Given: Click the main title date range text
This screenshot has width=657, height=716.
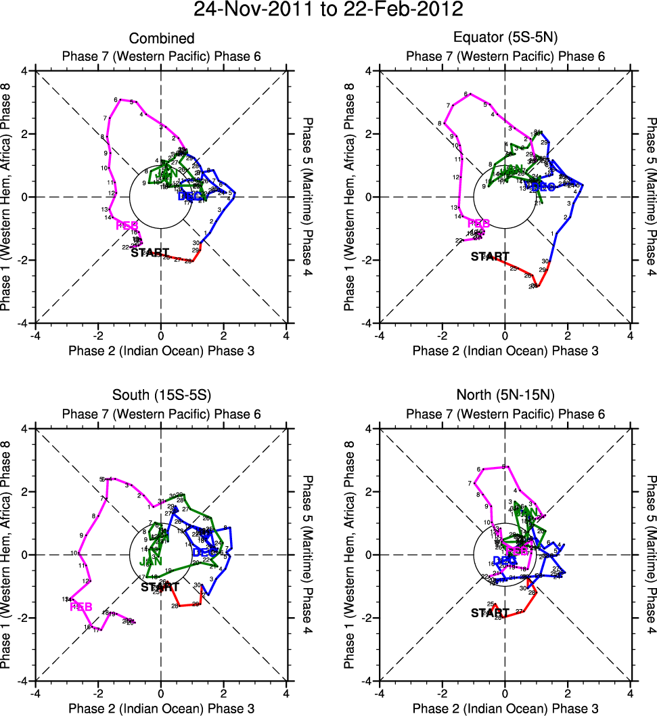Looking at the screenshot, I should click(x=328, y=9).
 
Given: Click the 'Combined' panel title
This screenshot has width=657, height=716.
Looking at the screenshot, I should click(x=161, y=39).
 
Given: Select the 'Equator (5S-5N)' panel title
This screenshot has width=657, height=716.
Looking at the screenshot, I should click(x=505, y=39).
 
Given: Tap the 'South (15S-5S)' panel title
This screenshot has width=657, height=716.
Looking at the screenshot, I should click(x=161, y=397).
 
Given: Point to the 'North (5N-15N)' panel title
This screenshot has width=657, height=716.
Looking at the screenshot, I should click(x=505, y=397).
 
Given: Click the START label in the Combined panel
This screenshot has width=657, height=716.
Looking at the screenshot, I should click(x=150, y=252).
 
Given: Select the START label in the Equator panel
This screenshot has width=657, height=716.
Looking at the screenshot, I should click(x=490, y=256).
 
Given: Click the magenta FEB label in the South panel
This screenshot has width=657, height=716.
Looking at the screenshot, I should click(x=81, y=606).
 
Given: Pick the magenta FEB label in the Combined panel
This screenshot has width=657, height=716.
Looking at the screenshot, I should click(x=127, y=225).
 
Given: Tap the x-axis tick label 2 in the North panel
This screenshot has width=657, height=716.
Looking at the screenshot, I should click(x=568, y=694).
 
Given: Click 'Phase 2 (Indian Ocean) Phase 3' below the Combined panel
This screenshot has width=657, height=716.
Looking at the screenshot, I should click(x=161, y=351).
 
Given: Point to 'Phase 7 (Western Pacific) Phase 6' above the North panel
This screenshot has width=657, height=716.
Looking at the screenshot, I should click(x=505, y=414).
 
